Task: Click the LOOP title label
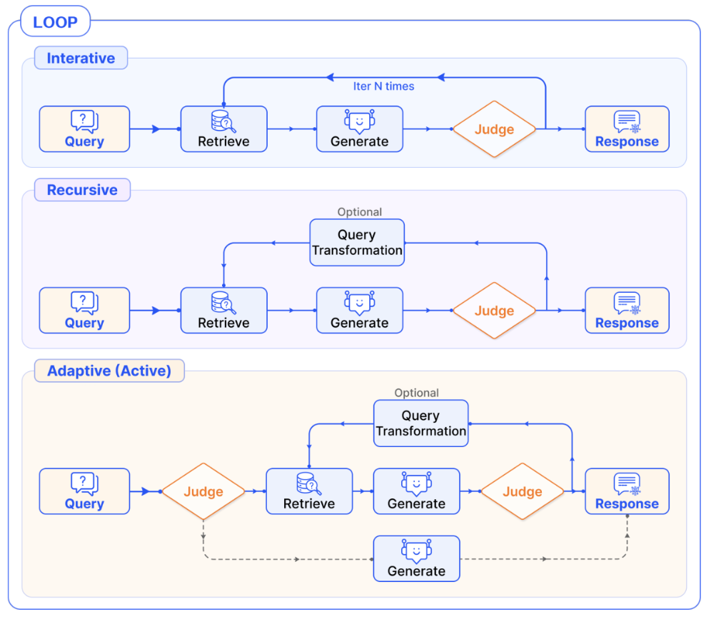coord(55,21)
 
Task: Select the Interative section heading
coord(81,58)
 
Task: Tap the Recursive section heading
coord(82,190)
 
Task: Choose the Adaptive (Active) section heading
coord(109,371)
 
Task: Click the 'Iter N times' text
coord(383,86)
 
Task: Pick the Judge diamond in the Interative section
coord(494,129)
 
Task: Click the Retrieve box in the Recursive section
coord(224,311)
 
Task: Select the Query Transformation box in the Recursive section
coord(357,243)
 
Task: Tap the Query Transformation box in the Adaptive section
coord(420,423)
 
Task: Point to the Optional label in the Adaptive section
coord(416,393)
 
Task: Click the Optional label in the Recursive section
coord(360,212)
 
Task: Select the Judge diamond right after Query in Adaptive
coord(203,491)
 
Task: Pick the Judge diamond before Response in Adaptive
coord(523,491)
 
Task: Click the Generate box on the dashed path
coord(417,558)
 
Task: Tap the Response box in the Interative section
coord(627,129)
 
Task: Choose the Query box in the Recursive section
coord(84,311)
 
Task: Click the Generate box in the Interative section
coord(360,129)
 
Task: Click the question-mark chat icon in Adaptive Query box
coord(84,483)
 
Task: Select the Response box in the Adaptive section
coord(627,491)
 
